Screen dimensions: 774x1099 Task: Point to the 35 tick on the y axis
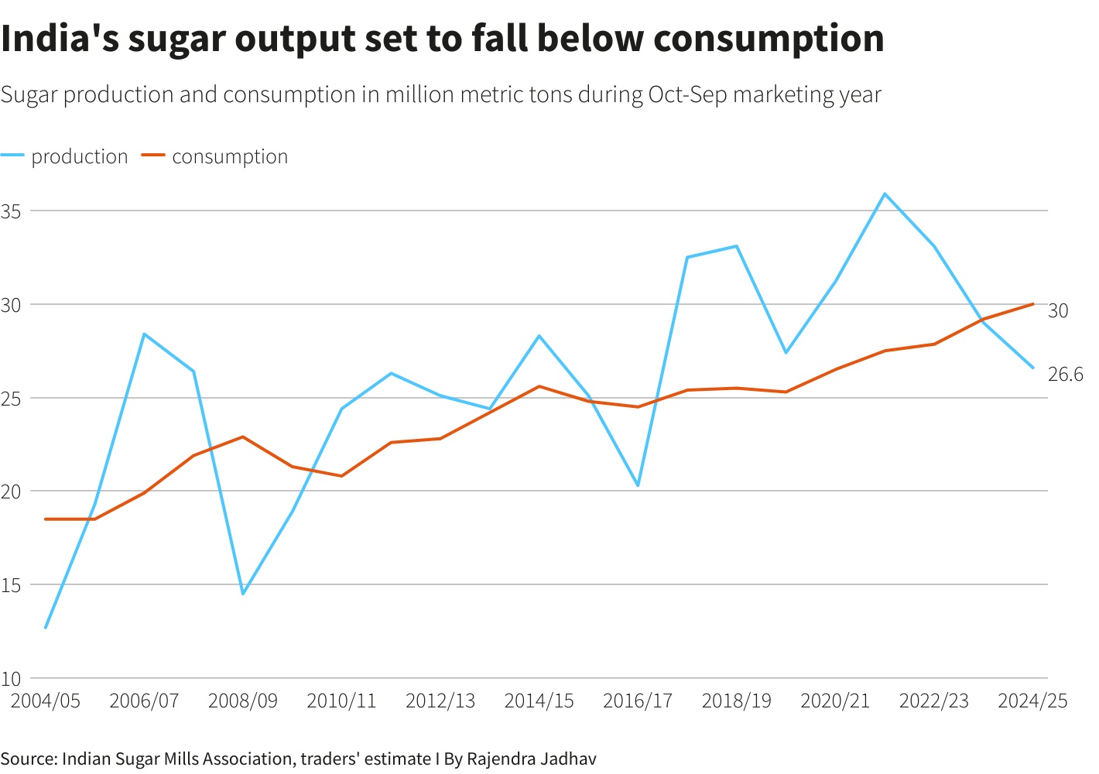[x=11, y=211]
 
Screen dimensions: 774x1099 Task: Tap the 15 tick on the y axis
[x=11, y=585]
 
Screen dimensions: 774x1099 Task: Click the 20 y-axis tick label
[x=11, y=491]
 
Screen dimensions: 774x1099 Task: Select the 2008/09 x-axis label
[x=243, y=701]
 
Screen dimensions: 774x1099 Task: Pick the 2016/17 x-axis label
[x=638, y=701]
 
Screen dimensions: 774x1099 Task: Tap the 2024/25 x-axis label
[x=1032, y=701]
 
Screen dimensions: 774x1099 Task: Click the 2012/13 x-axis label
[x=440, y=701]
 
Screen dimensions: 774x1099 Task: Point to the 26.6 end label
[x=1066, y=375]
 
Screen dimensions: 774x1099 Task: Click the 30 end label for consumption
[x=1058, y=310]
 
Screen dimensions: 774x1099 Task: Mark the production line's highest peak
[x=885, y=193]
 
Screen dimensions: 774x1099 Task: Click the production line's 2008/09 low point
[x=243, y=594]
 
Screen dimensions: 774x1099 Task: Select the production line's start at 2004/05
[x=46, y=628]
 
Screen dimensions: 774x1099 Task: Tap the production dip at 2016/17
[x=638, y=485]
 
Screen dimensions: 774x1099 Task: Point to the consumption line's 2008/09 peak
[x=243, y=437]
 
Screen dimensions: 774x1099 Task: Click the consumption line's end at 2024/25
[x=1033, y=304]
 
